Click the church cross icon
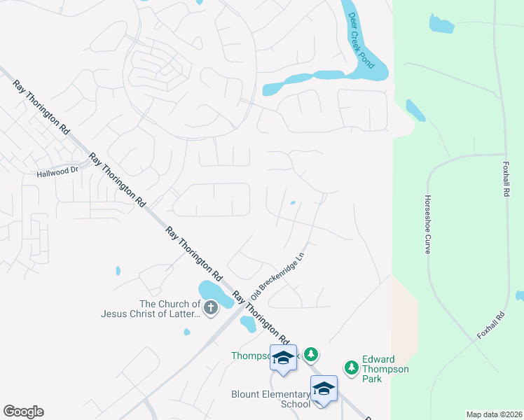tap(210, 307)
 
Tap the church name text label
tap(169, 309)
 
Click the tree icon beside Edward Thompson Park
tap(351, 367)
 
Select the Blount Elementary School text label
tap(270, 399)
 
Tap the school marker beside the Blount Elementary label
tap(324, 390)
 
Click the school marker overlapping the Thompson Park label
tap(283, 358)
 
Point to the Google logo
tap(23, 412)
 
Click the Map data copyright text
tap(494, 414)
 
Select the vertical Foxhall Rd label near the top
tap(506, 179)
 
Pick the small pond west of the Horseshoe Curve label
tap(415, 109)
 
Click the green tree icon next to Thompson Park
tap(312, 355)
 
